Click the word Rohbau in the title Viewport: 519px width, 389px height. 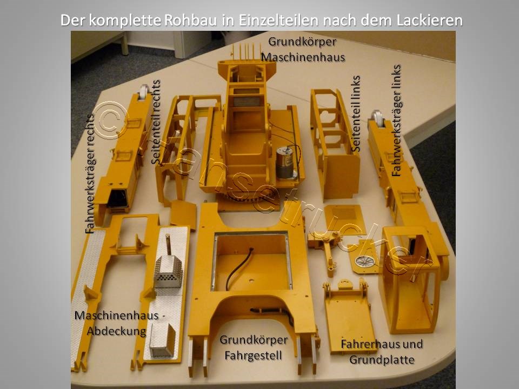191,20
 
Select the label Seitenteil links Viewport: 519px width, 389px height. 356,114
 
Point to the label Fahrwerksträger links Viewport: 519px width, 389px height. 396,120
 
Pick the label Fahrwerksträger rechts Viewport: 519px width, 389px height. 90,174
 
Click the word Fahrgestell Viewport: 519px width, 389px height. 253,356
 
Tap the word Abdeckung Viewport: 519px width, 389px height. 117,331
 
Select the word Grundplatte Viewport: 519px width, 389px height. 382,360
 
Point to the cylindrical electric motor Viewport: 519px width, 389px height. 284,163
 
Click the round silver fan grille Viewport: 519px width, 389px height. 365,261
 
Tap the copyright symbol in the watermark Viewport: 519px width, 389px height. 110,120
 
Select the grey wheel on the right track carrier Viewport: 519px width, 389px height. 377,118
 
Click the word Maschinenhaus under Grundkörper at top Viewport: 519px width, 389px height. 303,57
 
